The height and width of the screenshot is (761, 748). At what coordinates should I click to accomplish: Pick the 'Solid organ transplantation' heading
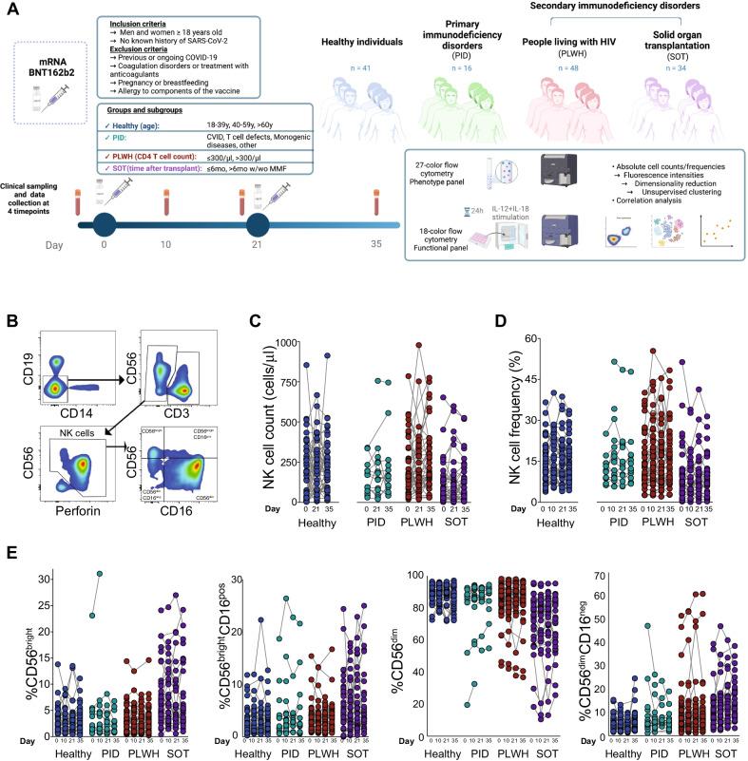point(680,57)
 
